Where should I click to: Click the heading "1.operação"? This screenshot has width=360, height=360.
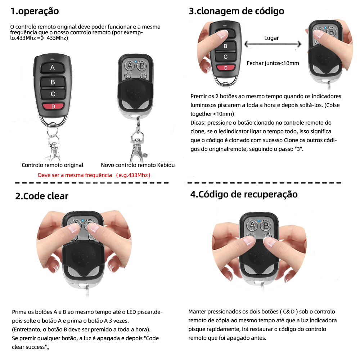(34, 11)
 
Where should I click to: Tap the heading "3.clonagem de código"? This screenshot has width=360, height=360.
(237, 11)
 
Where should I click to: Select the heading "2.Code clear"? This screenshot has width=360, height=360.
(41, 196)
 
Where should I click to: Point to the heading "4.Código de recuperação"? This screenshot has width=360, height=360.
(244, 194)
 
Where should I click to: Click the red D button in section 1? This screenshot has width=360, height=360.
(53, 106)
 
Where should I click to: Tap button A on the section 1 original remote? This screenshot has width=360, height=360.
(53, 67)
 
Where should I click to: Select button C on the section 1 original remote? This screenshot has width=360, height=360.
(53, 94)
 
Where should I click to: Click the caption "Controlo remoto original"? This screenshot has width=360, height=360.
(53, 165)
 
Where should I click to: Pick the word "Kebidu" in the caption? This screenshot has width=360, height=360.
(166, 165)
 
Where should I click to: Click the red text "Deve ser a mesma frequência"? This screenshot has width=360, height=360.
(75, 175)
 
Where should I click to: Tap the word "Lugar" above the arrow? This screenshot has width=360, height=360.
(271, 38)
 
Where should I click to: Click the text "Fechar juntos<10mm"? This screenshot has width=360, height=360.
(273, 63)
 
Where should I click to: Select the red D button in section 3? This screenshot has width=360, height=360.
(225, 68)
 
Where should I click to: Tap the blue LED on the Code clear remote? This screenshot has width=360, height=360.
(82, 220)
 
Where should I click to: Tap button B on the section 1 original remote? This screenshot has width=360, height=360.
(53, 82)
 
